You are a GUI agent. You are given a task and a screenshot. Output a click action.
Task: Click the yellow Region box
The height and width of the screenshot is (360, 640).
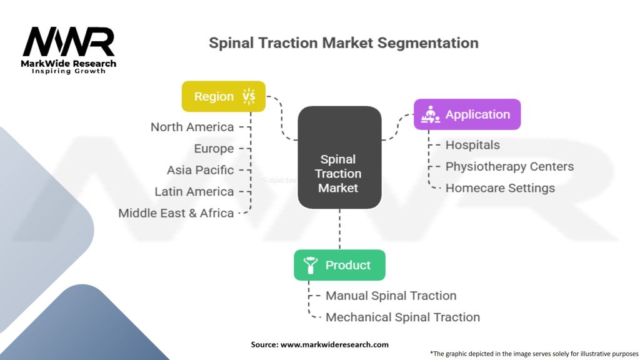coord(223,96)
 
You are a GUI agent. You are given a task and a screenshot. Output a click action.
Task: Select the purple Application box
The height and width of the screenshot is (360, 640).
coord(466,114)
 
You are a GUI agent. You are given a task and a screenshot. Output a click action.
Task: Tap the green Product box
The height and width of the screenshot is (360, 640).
coord(339,265)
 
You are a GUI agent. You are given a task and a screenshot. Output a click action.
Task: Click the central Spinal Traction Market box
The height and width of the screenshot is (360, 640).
coord(339,157)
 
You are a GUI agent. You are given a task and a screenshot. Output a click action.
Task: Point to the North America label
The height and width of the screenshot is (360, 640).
coord(192,127)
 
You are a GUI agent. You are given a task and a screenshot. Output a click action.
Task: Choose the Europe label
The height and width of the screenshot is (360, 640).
coord(214,149)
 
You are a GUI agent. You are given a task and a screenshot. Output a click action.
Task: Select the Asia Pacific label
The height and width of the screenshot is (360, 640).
coord(200,170)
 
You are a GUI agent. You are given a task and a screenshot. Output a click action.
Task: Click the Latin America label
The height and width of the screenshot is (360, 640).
coord(194,191)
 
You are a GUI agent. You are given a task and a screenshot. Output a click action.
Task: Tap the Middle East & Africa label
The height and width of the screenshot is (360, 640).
coord(176,213)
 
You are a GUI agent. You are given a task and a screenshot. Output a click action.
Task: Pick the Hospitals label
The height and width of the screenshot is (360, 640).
coord(472,145)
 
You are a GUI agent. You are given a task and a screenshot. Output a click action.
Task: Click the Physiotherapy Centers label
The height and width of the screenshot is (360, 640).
coord(509,166)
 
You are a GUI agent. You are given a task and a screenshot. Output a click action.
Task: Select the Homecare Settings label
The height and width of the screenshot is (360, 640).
coord(500,187)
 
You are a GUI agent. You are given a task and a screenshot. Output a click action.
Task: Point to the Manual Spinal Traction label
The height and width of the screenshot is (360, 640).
coord(391,296)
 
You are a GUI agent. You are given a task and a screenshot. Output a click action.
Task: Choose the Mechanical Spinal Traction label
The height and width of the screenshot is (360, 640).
coord(402,317)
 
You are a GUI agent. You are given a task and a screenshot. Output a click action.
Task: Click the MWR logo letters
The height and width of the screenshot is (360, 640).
coord(69,42)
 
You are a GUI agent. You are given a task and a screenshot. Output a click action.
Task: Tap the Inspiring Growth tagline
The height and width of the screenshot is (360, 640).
coord(69,71)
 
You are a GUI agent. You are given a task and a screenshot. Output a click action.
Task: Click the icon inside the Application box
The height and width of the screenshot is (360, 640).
coord(430,114)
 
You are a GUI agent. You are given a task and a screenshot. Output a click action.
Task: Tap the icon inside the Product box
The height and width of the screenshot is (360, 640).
coord(310,265)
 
